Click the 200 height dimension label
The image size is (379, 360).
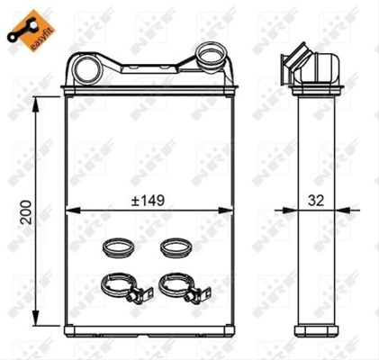coord(27,212)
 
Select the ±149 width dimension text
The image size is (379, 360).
coord(148,201)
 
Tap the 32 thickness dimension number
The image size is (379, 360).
coord(316,201)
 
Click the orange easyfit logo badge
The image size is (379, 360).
coord(32,31)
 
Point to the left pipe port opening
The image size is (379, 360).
coord(86,69)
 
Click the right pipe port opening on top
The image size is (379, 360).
coord(210,57)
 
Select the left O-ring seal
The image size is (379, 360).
coord(118,247)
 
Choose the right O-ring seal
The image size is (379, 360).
coord(176,247)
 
